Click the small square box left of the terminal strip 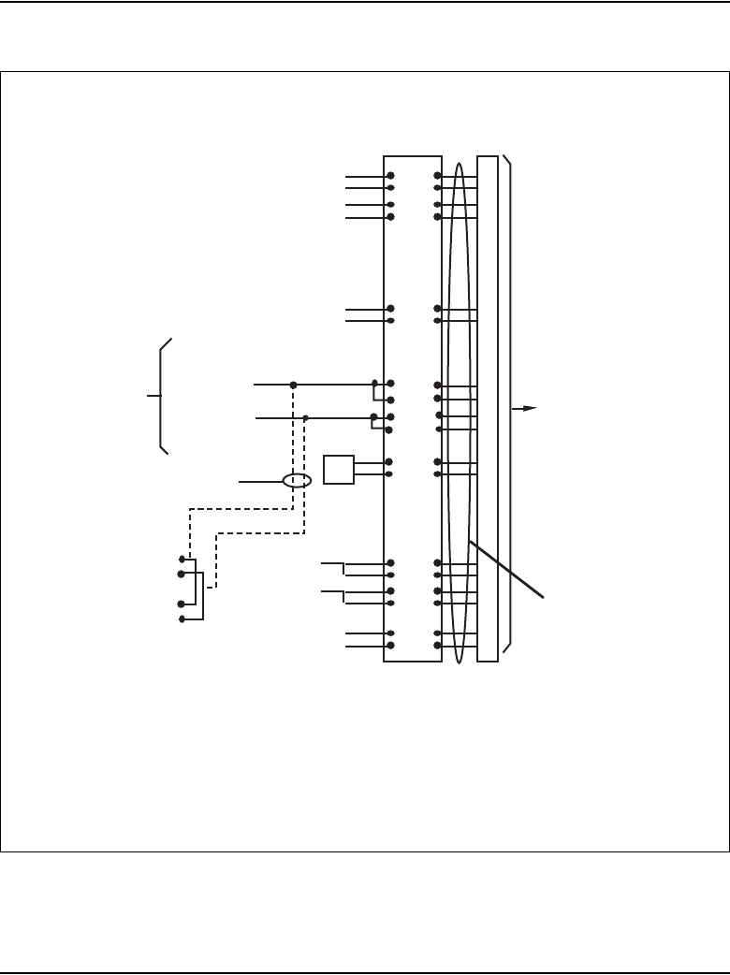pyautogui.click(x=338, y=469)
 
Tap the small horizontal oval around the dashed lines pyautogui.click(x=297, y=481)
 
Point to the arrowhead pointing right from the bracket pyautogui.click(x=532, y=408)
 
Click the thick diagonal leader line pyautogui.click(x=505, y=571)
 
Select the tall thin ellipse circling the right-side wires pyautogui.click(x=460, y=412)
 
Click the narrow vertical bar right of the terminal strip pyautogui.click(x=488, y=409)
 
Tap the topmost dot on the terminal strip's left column pyautogui.click(x=390, y=175)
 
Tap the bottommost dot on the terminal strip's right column pyautogui.click(x=437, y=646)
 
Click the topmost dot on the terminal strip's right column pyautogui.click(x=437, y=175)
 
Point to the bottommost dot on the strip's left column pyautogui.click(x=390, y=646)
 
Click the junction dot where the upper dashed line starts pyautogui.click(x=293, y=385)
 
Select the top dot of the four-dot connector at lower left pyautogui.click(x=182, y=559)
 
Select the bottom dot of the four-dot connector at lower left pyautogui.click(x=182, y=619)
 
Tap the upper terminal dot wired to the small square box pyautogui.click(x=390, y=462)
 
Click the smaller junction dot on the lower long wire pyautogui.click(x=305, y=417)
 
